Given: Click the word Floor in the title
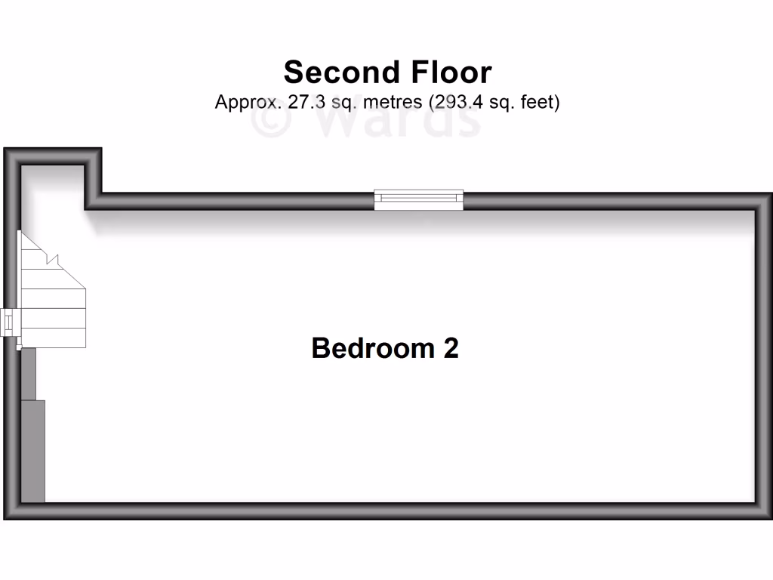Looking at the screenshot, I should (x=451, y=72).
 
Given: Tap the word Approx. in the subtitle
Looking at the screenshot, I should (x=248, y=102).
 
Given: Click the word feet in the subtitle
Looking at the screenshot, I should (x=538, y=102).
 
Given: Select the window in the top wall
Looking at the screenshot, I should (x=419, y=199).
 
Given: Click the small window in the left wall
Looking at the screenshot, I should (x=8, y=322).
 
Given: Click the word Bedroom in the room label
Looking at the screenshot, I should (x=372, y=348).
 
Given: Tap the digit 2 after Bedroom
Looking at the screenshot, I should (x=451, y=348).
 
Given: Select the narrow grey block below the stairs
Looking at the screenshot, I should (x=28, y=373).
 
